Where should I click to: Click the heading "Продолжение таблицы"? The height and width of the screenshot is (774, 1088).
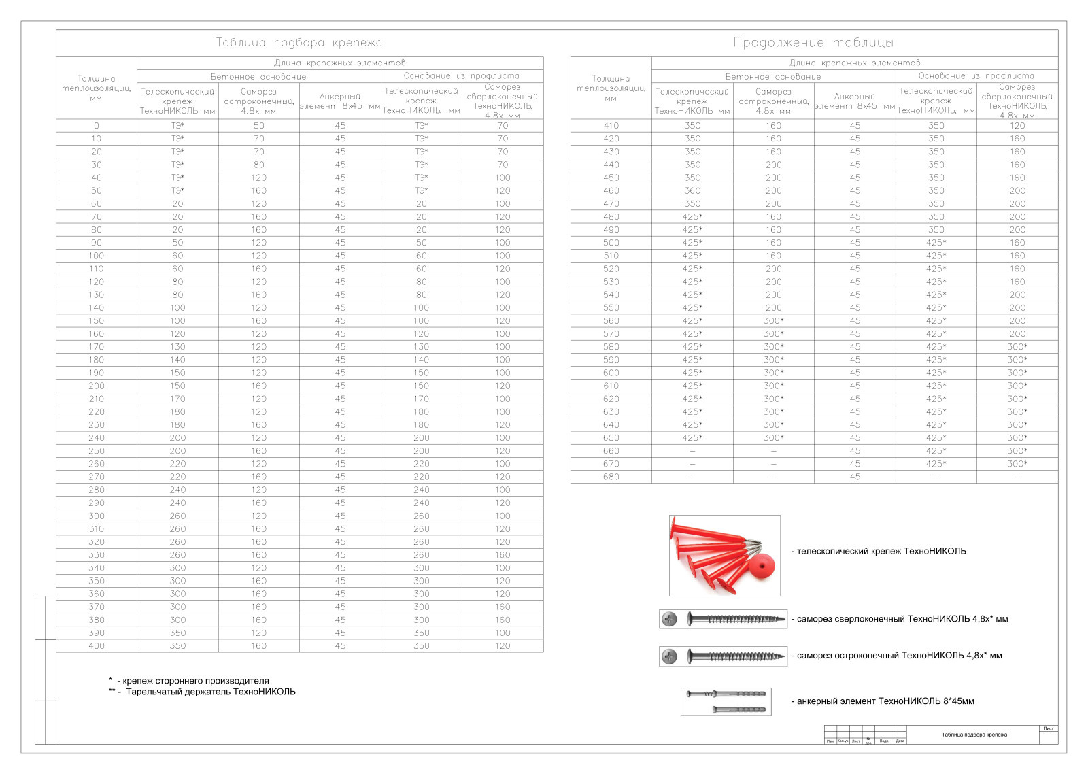point(813,43)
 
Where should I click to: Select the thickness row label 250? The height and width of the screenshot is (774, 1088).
point(97,451)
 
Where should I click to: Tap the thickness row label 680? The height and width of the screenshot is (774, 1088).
point(611,477)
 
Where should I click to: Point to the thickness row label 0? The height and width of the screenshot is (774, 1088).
point(97,126)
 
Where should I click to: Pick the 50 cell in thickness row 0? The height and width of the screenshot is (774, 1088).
point(259,126)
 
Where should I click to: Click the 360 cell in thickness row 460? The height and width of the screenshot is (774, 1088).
point(692,191)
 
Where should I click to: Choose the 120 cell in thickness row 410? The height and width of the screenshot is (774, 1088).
point(1017,126)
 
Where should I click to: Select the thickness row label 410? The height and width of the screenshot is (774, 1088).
point(611,126)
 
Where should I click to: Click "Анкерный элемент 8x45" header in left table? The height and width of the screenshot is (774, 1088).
point(340,101)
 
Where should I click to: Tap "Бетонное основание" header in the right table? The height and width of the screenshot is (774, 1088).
point(773,77)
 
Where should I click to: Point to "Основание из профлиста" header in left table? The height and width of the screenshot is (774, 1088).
point(462,76)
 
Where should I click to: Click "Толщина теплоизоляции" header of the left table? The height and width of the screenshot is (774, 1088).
point(97,88)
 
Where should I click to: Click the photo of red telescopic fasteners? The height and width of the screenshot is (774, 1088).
point(724,555)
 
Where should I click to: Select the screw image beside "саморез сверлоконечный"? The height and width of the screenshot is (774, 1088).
point(723,619)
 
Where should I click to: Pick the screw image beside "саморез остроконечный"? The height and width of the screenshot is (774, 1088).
point(723,656)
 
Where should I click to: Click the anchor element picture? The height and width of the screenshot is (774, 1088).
point(726,701)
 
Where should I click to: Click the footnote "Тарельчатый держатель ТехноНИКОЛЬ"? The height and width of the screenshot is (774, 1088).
point(211,692)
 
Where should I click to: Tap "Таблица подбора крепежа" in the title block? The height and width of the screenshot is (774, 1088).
point(974,735)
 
